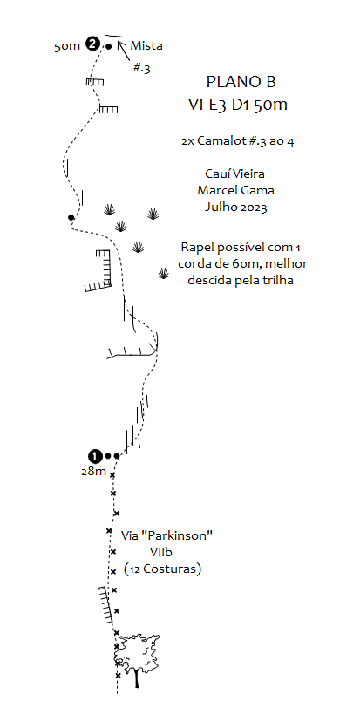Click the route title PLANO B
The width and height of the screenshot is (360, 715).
241,82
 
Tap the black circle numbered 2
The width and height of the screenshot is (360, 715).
93,44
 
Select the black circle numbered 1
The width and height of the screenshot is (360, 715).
94,455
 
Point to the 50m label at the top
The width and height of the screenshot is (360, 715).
67,46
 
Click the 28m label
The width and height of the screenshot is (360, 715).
94,472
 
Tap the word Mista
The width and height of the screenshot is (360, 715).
146,45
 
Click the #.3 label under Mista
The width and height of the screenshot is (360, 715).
142,69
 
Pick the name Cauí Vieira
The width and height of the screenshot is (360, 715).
235,174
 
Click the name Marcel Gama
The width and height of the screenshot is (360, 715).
235,190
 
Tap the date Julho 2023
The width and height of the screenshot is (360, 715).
235,207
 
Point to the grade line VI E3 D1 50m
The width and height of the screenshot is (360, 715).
238,105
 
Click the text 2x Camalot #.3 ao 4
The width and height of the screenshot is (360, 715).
237,141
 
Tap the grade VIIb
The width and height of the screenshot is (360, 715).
162,552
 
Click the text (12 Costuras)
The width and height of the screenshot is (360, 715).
163,569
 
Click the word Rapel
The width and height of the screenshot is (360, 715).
194,248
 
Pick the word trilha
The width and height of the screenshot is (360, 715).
278,280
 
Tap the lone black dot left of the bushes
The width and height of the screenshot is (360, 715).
71,217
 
